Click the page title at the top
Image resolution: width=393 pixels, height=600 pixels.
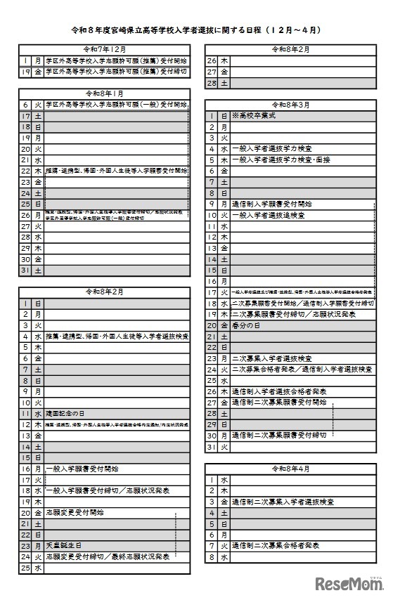pyautogui.click(x=196, y=30)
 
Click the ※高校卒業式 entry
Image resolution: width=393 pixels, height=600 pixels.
pyautogui.click(x=255, y=115)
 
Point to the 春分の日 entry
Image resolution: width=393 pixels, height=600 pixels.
pyautogui.click(x=247, y=325)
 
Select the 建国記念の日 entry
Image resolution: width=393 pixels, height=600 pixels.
pyautogui.click(x=70, y=414)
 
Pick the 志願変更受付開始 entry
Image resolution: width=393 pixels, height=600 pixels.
pyautogui.click(x=74, y=512)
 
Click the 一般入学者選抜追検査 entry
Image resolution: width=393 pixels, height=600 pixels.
pyautogui.click(x=267, y=216)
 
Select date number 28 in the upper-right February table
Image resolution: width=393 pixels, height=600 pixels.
pyautogui.click(x=211, y=83)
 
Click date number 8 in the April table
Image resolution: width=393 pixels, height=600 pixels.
pyautogui.click(x=211, y=556)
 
